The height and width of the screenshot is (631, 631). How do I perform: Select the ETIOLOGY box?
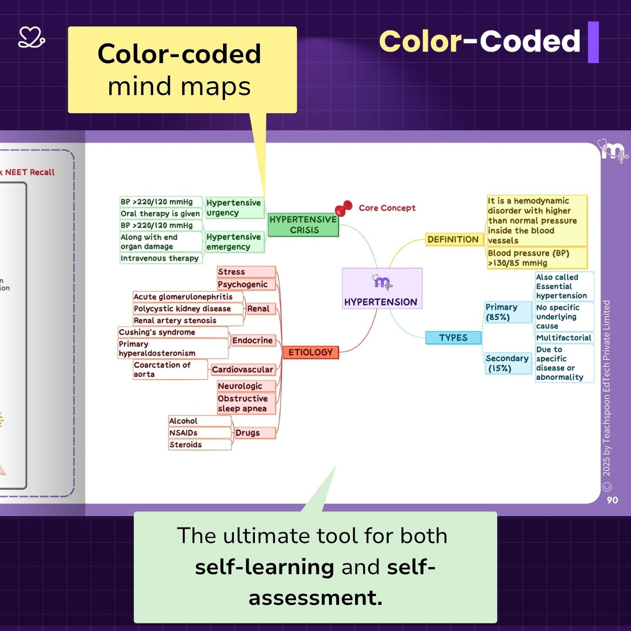click(310, 352)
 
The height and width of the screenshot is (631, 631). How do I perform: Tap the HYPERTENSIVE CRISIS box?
click(303, 225)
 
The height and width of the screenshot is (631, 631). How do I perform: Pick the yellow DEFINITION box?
click(453, 239)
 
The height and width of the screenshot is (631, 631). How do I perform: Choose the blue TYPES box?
click(453, 338)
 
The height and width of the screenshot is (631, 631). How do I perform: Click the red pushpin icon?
click(344, 208)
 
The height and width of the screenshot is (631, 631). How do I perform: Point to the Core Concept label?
click(387, 208)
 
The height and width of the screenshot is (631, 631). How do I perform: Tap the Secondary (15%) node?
click(507, 363)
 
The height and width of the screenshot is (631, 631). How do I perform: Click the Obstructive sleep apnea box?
click(246, 403)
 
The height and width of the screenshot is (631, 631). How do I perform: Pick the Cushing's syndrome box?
click(172, 332)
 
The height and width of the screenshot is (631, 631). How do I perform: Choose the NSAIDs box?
click(199, 433)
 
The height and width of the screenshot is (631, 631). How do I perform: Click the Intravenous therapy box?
click(161, 258)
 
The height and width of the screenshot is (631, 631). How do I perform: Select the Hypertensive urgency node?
click(234, 208)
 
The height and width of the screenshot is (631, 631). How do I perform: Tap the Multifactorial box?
click(564, 338)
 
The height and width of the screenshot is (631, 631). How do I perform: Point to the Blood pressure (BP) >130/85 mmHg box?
click(536, 258)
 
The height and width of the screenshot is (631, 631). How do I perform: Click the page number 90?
click(612, 500)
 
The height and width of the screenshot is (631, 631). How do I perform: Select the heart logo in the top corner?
click(31, 37)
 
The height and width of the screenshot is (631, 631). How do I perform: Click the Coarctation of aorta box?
click(169, 369)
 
